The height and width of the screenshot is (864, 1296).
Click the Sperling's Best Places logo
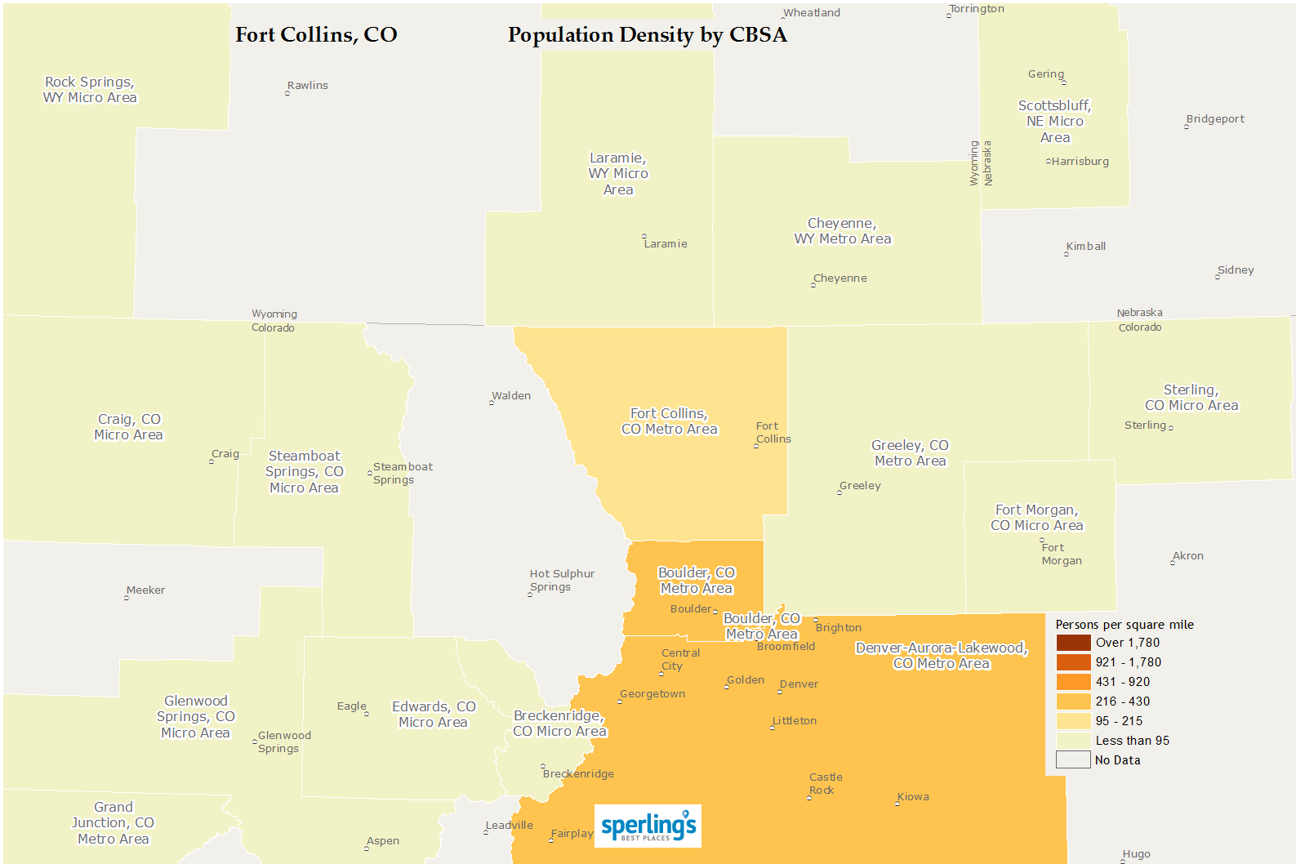[x=648, y=826]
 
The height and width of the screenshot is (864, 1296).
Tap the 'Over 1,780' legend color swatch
[x=1073, y=643]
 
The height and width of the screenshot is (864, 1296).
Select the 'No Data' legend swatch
[x=1073, y=760]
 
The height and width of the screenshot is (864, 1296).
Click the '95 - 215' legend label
[x=1119, y=721]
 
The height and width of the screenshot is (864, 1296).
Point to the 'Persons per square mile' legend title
[x=1124, y=625]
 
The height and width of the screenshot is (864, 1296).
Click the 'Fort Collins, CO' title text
[x=316, y=35]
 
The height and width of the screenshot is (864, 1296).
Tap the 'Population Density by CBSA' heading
[x=647, y=35]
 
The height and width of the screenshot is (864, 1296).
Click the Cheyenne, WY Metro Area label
[x=842, y=231]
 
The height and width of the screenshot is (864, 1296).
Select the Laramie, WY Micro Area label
[x=618, y=174]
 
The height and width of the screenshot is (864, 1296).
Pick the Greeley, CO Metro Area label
[x=910, y=453]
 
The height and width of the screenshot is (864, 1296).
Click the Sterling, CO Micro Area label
[x=1191, y=398]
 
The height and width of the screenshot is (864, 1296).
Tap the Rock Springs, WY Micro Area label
[x=90, y=90]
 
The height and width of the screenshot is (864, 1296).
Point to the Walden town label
[x=511, y=396]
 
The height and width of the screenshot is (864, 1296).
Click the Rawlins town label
[x=308, y=86]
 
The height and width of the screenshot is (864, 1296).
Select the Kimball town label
[x=1086, y=247]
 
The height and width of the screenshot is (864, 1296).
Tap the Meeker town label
[x=146, y=590]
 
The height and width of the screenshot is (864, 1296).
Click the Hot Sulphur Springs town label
[x=562, y=581]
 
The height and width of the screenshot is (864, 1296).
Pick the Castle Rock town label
[x=826, y=784]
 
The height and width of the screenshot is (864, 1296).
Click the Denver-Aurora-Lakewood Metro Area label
[x=941, y=656]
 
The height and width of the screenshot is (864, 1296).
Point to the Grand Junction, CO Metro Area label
[x=113, y=823]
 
